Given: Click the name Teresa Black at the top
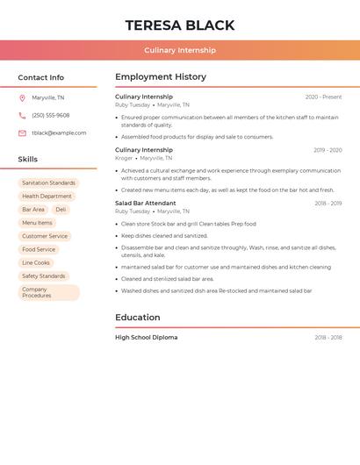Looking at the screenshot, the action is (x=180, y=25).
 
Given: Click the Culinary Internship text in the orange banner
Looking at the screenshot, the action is (x=180, y=50).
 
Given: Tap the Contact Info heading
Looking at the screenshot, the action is (x=40, y=77).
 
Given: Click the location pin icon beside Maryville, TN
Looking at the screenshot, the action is (x=22, y=98).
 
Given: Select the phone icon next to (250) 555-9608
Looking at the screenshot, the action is (x=22, y=116).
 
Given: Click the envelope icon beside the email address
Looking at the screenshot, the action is (x=22, y=133).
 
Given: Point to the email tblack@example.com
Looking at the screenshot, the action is (x=59, y=133).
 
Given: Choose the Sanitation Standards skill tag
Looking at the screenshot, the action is (x=48, y=183).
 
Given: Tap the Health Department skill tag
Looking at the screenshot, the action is (x=47, y=197).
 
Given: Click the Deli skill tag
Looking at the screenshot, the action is (x=61, y=210).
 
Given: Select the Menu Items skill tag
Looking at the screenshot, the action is (x=37, y=223).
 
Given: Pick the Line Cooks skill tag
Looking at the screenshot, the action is (x=36, y=262).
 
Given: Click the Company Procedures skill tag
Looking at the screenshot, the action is (x=48, y=292).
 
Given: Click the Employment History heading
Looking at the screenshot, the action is (x=161, y=77).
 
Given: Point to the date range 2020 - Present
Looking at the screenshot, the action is (x=323, y=97).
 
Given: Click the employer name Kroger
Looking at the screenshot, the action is (x=124, y=158).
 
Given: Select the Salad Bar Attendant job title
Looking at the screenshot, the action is (x=146, y=204).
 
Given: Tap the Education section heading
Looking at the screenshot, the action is (x=138, y=318).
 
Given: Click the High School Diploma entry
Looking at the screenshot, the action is (x=146, y=338).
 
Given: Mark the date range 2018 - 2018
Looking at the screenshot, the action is (x=328, y=338).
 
